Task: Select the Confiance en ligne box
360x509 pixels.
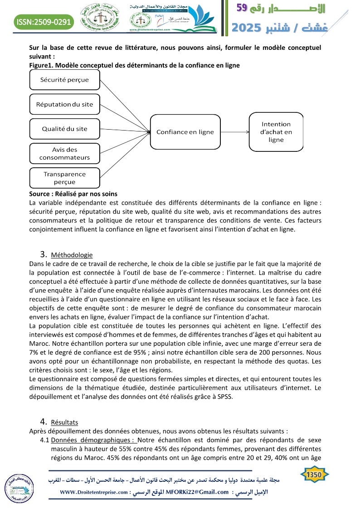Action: (x=185, y=132)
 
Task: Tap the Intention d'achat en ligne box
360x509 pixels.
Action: (x=276, y=132)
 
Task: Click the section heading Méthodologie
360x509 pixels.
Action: (x=72, y=255)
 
